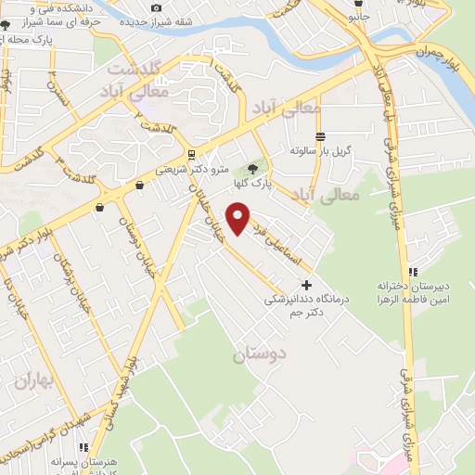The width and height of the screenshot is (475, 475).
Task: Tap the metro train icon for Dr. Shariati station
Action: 191,155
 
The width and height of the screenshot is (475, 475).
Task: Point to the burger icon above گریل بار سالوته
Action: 320,136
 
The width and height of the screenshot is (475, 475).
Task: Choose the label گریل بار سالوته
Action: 321,150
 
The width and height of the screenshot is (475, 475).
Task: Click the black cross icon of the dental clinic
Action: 307,285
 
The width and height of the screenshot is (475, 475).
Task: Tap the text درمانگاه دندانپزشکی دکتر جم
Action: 305,306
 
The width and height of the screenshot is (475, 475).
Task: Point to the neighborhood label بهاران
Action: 35,381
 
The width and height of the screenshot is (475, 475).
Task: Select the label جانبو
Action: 358,15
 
